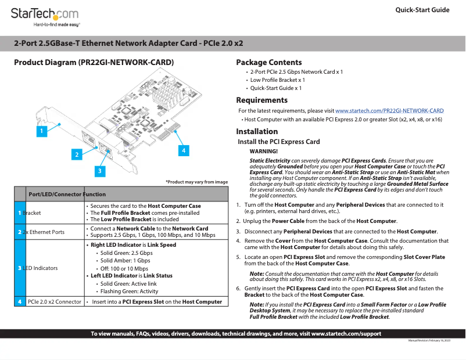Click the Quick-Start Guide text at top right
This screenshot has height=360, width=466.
coord(422,10)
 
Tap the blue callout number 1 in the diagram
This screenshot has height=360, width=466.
coord(41,132)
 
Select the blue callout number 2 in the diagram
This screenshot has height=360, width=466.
coord(77,154)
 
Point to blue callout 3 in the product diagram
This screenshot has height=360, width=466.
coord(101,171)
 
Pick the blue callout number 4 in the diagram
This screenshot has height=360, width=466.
coord(183,150)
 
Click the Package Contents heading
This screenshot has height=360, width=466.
coord(268,62)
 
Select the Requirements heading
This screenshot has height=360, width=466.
coord(261,100)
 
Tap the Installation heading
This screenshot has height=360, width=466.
coord(257,131)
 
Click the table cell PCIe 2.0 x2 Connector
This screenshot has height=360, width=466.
coord(54,302)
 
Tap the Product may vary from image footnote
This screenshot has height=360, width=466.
coord(196,182)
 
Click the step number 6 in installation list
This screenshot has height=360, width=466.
coord(238,289)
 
